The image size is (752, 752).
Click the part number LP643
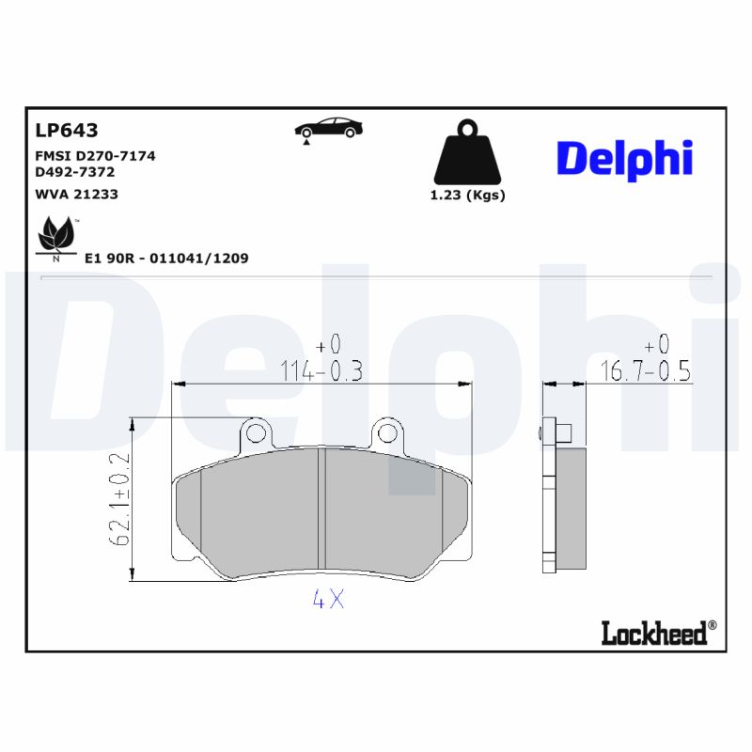66,131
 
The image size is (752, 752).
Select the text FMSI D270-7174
95,156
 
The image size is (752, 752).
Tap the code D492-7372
74,173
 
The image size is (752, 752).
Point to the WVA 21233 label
76,194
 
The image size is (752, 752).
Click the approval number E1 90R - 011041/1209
166,258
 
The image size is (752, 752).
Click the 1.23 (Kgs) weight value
467,196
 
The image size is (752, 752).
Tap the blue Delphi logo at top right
624,159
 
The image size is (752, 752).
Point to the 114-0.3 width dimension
321,371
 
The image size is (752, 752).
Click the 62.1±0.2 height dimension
119,499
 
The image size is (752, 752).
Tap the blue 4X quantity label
328,600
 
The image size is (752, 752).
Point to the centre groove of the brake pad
321,512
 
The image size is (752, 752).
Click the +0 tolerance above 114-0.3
328,344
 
